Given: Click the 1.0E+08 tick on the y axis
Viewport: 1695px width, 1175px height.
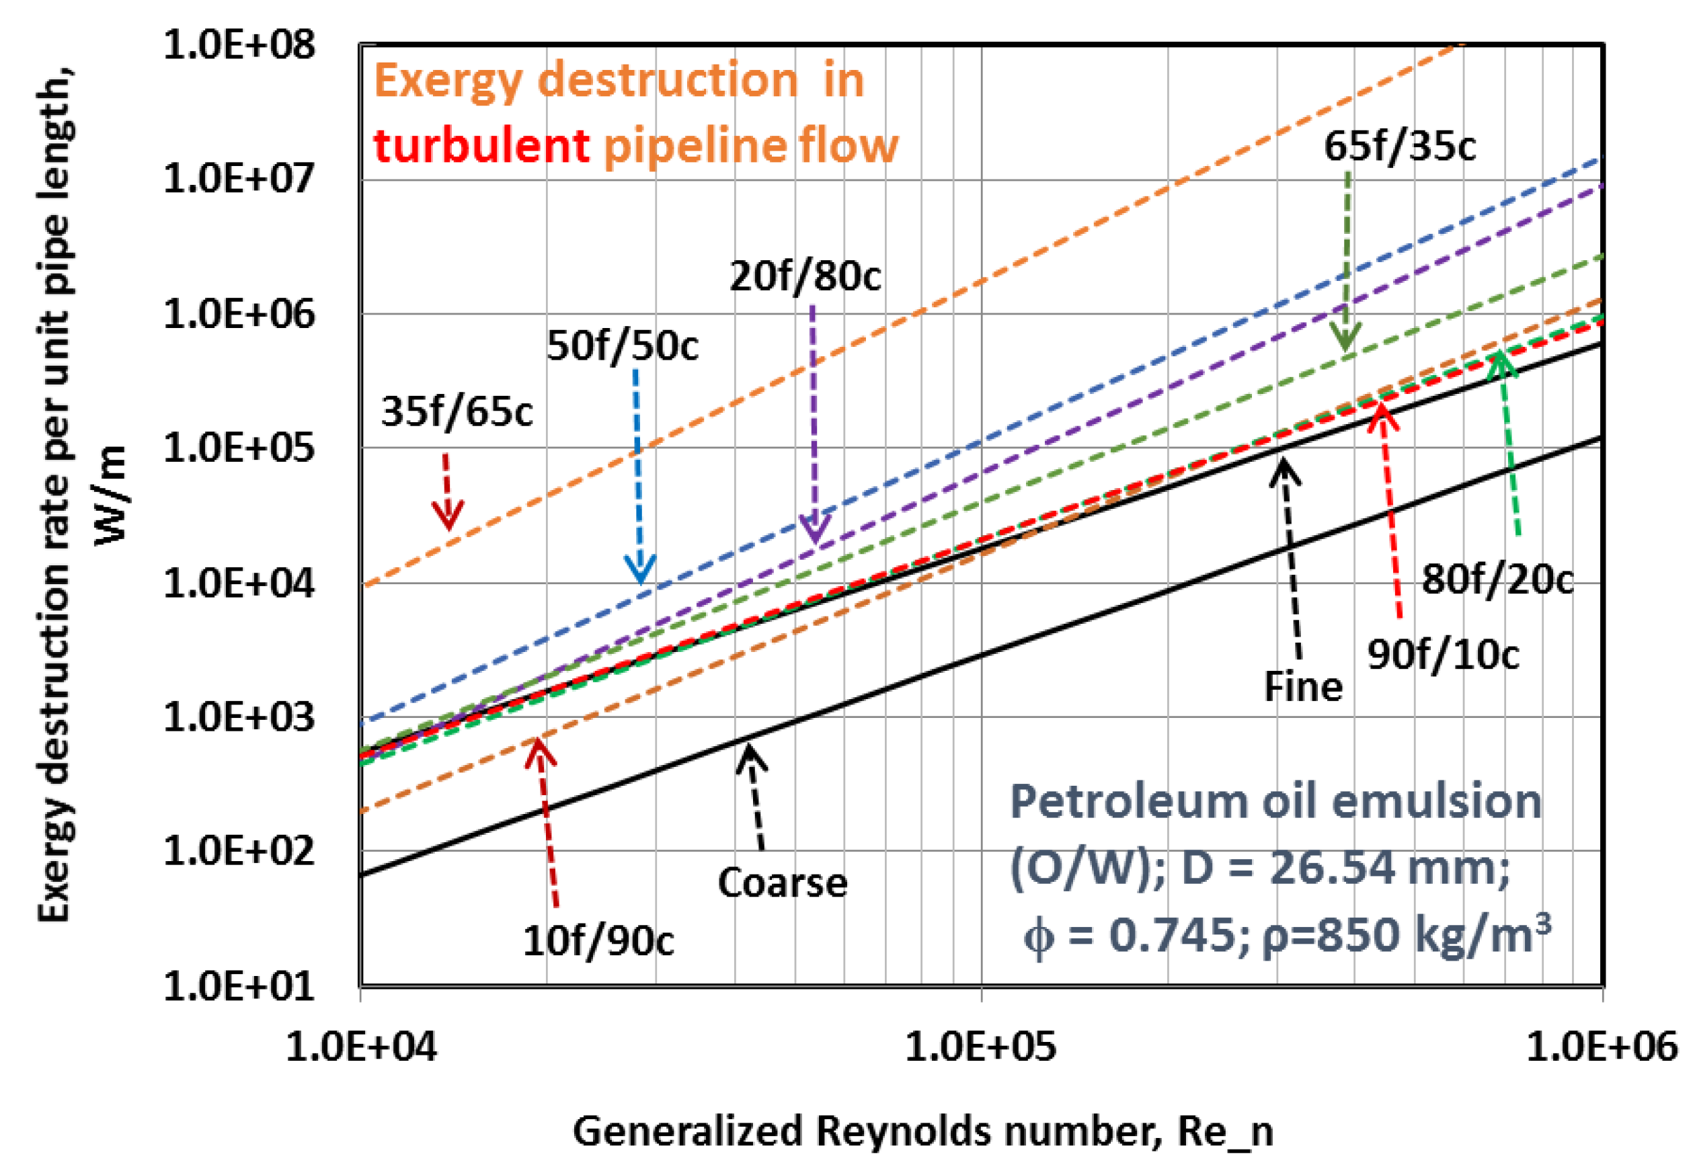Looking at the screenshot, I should tap(239, 46).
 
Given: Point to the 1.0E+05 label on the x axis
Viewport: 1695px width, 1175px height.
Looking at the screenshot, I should tap(980, 1045).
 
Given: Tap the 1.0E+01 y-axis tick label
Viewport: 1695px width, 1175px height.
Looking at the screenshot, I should tap(239, 986).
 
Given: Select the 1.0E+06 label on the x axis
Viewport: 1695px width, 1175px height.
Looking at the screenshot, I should tap(1602, 1045).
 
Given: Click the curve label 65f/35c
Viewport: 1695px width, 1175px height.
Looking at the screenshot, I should tap(1399, 146).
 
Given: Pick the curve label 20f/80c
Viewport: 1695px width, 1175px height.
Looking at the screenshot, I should tap(805, 277).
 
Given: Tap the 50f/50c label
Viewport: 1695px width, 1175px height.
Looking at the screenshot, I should tap(622, 346).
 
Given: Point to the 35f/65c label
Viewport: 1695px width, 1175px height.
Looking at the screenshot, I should tap(457, 411).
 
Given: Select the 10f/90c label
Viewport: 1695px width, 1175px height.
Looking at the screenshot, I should tap(598, 941).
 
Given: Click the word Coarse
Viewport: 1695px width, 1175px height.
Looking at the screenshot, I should tap(782, 883).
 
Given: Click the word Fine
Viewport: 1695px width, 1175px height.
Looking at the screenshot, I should tap(1302, 687).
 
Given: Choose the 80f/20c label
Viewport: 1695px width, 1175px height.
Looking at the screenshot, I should tap(1497, 579).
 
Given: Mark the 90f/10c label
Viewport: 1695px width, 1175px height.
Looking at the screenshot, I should tap(1442, 655).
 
